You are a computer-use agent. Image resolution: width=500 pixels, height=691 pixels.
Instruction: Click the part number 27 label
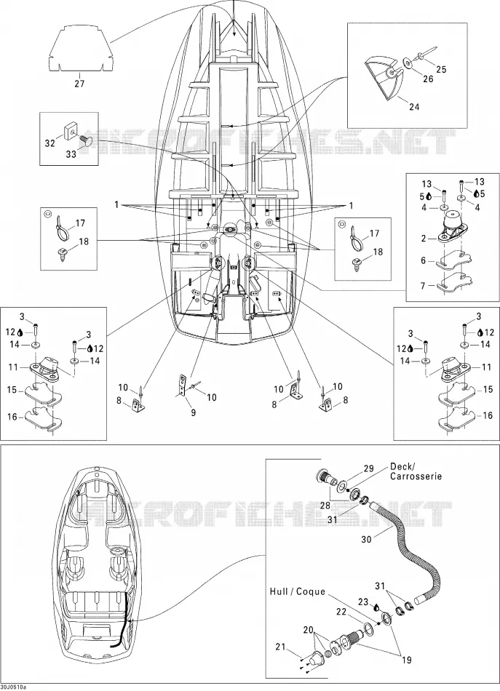(79, 84)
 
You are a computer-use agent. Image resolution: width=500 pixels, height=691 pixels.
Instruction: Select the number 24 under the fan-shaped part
(414, 107)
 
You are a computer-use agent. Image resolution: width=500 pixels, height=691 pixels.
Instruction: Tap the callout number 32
(49, 143)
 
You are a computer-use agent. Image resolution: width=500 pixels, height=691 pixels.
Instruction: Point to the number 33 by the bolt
(71, 153)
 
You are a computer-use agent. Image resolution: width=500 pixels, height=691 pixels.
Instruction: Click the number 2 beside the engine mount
(424, 239)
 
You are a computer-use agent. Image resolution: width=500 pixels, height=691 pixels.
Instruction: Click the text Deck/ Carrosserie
(416, 471)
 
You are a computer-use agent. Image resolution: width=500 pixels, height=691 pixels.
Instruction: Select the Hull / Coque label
(297, 591)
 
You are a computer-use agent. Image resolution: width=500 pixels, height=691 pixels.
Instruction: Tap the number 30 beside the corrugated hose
(366, 539)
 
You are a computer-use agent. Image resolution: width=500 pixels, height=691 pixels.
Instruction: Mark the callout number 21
(280, 647)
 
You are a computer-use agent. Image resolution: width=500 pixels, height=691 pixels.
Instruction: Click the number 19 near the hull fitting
(406, 660)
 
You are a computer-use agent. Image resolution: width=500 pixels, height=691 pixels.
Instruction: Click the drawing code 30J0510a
(13, 687)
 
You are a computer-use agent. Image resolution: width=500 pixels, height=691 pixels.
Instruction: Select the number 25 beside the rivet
(441, 69)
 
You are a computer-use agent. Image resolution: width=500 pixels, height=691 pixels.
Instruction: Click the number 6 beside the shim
(424, 260)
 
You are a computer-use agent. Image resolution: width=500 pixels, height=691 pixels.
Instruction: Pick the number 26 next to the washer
(428, 79)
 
